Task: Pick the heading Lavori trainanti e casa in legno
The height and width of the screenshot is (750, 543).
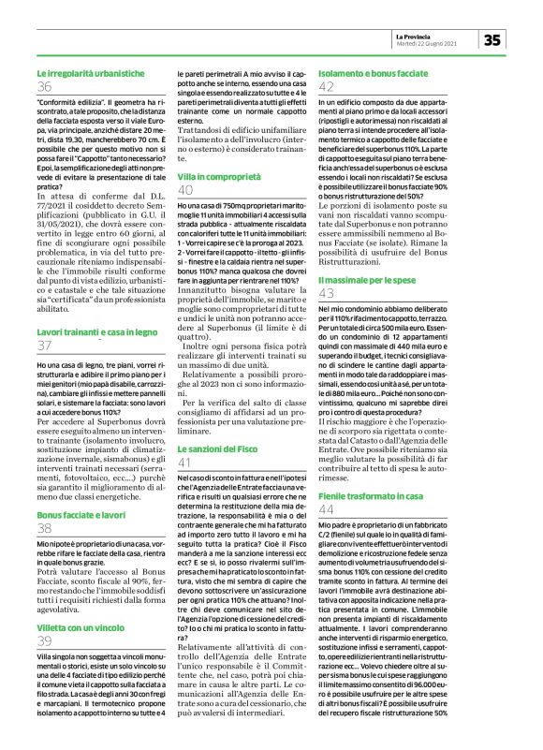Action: coord(97,332)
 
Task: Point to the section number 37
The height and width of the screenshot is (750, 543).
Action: coord(44,346)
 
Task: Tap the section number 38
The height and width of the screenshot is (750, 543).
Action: coord(44,528)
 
